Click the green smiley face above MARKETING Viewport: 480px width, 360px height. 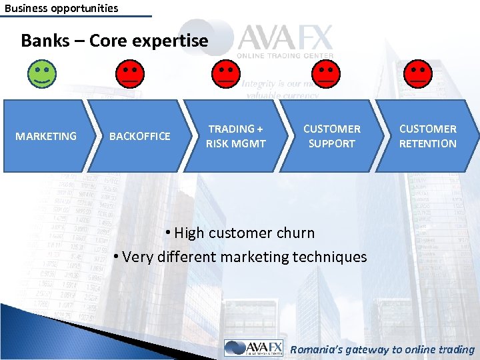coord(42,73)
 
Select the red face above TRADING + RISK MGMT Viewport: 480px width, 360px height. coord(226,73)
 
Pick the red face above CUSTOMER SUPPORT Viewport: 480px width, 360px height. coord(326,73)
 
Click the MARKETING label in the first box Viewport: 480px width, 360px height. coord(46,136)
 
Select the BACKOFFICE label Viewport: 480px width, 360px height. coord(139,136)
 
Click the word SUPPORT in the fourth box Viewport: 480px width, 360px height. coord(332,143)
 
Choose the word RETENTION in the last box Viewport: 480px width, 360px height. coord(428,143)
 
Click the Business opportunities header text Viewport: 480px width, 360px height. coord(61,9)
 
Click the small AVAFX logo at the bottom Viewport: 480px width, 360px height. coord(253,348)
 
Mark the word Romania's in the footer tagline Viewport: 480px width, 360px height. coord(319,349)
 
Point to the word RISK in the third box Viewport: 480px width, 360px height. coord(219,143)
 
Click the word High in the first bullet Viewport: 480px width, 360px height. coord(189,233)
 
